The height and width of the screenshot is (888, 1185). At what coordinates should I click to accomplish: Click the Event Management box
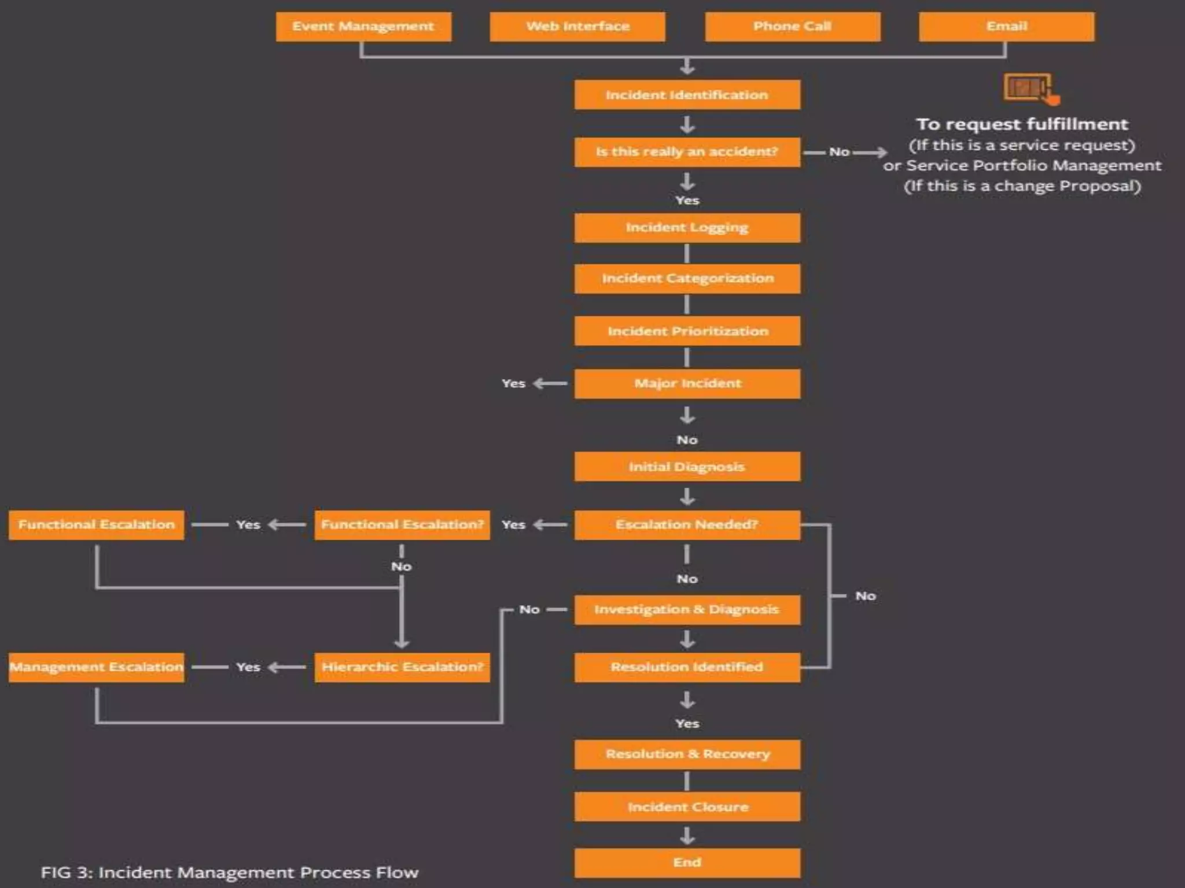click(x=363, y=27)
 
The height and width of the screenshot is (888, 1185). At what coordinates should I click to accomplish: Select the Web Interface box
click(x=577, y=27)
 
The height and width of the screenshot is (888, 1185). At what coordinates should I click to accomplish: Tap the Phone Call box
click(x=792, y=27)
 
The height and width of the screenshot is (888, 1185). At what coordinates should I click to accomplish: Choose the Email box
click(x=1006, y=27)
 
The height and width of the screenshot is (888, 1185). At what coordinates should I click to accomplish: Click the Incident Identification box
click(x=687, y=95)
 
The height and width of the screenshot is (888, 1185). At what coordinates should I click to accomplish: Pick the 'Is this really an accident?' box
click(x=687, y=152)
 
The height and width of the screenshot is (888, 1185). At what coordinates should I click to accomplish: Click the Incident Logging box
click(x=687, y=228)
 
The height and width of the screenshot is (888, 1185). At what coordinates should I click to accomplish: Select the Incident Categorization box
click(x=687, y=279)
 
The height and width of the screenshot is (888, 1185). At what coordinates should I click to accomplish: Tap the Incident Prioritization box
click(x=687, y=331)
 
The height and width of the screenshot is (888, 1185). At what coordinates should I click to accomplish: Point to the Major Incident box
click(x=687, y=384)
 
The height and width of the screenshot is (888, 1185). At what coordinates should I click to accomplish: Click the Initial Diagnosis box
click(x=687, y=467)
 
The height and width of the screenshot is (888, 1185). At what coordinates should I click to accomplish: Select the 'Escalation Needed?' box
click(x=687, y=525)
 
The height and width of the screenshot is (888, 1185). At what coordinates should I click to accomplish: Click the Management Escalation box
click(x=97, y=667)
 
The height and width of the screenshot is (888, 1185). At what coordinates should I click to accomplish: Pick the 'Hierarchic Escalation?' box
click(x=402, y=667)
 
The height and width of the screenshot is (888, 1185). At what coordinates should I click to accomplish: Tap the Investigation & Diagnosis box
click(x=687, y=610)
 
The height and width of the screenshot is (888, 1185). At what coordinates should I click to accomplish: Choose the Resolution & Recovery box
click(x=687, y=754)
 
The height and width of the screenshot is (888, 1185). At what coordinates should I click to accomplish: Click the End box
click(x=687, y=863)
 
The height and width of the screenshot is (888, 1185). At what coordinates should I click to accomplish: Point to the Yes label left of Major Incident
click(x=513, y=384)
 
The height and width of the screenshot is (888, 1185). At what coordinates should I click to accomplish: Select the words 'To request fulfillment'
click(x=1022, y=124)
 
